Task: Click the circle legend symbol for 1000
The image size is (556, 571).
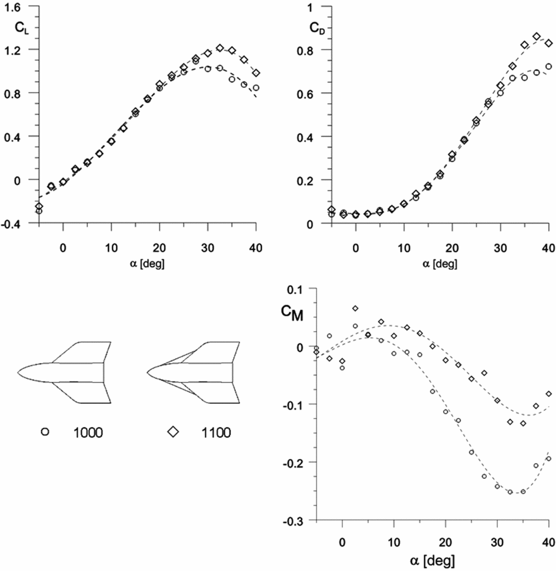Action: click(x=46, y=431)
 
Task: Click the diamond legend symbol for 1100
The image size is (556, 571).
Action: click(x=173, y=431)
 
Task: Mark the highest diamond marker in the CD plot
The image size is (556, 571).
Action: click(x=537, y=37)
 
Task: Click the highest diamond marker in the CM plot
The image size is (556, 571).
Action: click(x=355, y=308)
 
